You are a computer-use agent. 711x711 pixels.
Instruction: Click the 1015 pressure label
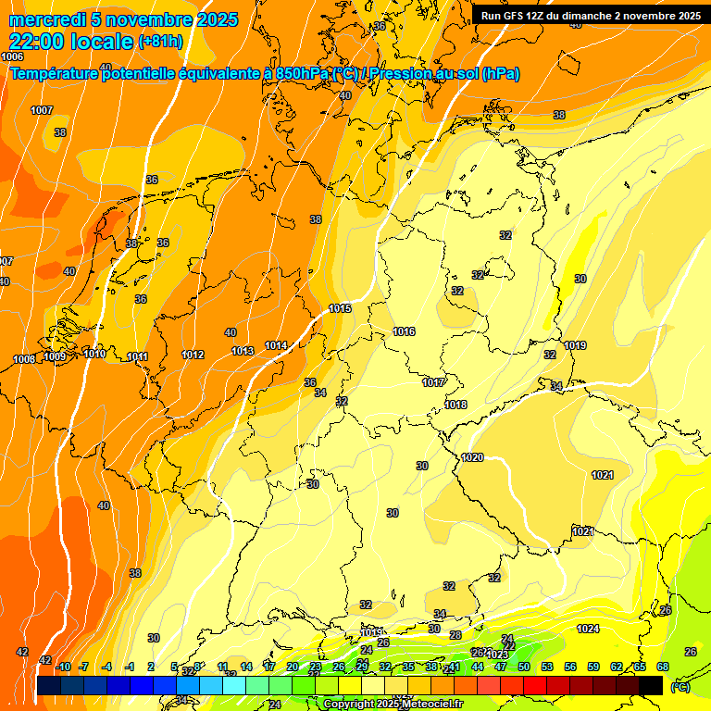(340, 308)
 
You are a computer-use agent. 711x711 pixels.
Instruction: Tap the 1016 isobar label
(404, 331)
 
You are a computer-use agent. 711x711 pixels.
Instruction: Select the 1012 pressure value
(193, 355)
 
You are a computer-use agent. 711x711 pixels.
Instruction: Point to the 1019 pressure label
(575, 345)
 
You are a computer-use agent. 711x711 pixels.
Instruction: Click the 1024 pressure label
(588, 629)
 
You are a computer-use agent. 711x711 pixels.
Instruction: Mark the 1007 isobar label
(42, 110)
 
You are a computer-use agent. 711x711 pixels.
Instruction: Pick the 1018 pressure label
(455, 405)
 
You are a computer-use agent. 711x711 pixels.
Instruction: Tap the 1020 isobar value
(472, 457)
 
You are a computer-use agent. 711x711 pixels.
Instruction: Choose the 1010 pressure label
(94, 354)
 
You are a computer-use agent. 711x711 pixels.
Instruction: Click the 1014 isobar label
(276, 345)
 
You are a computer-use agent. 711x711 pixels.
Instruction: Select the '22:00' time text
(35, 41)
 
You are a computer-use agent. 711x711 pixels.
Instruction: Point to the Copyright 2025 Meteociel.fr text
(393, 705)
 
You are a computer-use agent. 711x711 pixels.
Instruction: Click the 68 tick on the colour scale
(663, 667)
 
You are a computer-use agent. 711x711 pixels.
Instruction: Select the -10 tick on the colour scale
(63, 667)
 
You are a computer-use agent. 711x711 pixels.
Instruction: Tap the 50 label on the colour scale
(524, 667)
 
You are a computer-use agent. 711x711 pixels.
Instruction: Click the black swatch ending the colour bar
(651, 685)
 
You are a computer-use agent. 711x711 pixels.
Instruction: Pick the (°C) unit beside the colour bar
(680, 687)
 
